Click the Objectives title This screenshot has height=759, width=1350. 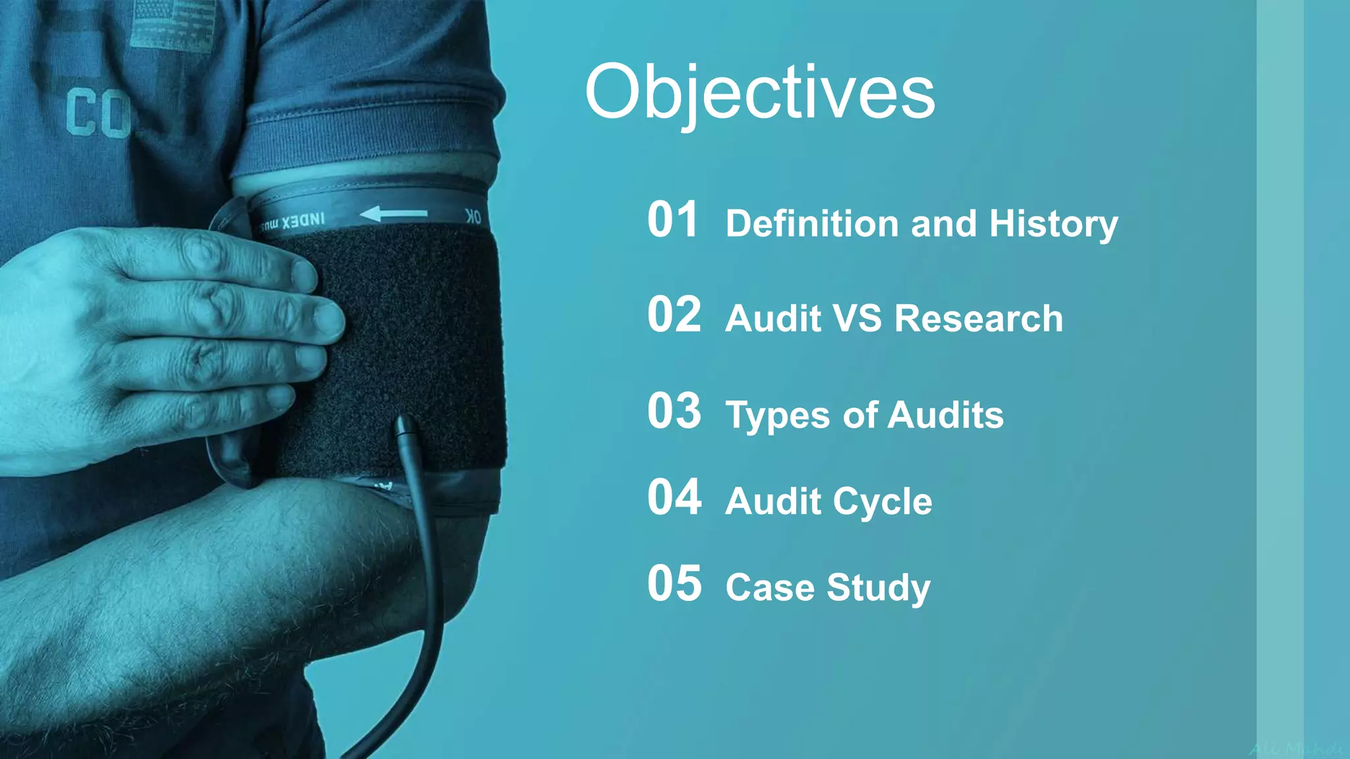(759, 94)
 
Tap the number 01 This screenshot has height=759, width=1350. (672, 220)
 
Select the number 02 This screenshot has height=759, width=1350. (674, 315)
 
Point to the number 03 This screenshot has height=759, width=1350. (674, 411)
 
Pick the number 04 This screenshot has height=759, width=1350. (674, 497)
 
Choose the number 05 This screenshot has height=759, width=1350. (674, 584)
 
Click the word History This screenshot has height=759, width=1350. (1053, 224)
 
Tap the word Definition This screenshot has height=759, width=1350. (813, 224)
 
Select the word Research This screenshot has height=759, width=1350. (978, 319)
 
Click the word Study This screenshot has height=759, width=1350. (878, 588)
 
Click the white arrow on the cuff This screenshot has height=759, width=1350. (394, 213)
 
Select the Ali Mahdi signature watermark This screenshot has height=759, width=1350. (1295, 748)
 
